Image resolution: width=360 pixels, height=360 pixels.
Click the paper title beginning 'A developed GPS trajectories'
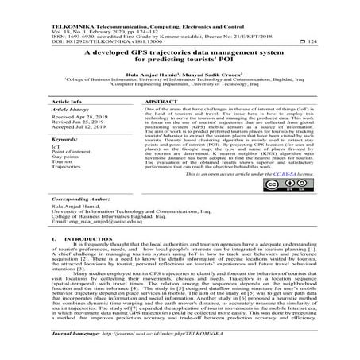179,53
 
